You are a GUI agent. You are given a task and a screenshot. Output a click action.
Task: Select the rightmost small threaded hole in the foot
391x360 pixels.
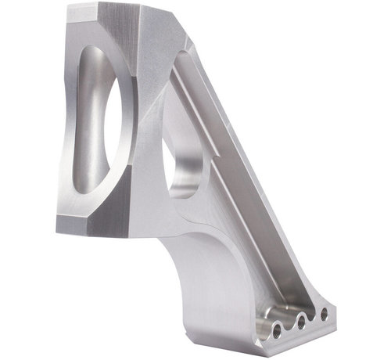(x=323, y=314)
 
